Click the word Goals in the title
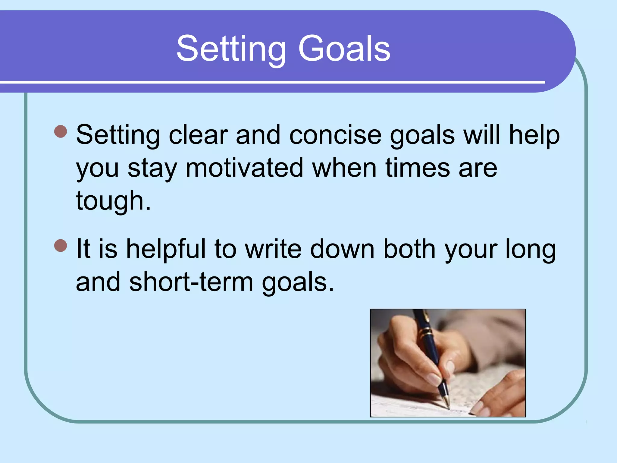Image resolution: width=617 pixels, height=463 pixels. [x=344, y=49]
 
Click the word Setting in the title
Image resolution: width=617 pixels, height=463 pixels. [x=231, y=49]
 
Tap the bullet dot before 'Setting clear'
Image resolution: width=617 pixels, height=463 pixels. [x=61, y=131]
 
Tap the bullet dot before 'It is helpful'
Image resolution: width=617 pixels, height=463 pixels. [x=61, y=245]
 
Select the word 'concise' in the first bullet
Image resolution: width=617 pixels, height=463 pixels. [x=335, y=135]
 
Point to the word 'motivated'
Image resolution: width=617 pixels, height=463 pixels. [x=244, y=168]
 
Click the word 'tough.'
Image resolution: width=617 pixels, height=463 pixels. [x=113, y=201]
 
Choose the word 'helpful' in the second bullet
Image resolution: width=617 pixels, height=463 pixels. [x=166, y=249]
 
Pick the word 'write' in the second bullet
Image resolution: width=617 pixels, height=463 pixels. [x=273, y=249]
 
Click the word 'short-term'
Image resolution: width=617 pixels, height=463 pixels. [x=191, y=282]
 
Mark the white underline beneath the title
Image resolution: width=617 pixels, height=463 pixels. [x=271, y=82]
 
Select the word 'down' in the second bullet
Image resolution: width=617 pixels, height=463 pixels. [x=342, y=249]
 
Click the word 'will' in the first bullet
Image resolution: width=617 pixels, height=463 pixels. [x=481, y=135]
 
